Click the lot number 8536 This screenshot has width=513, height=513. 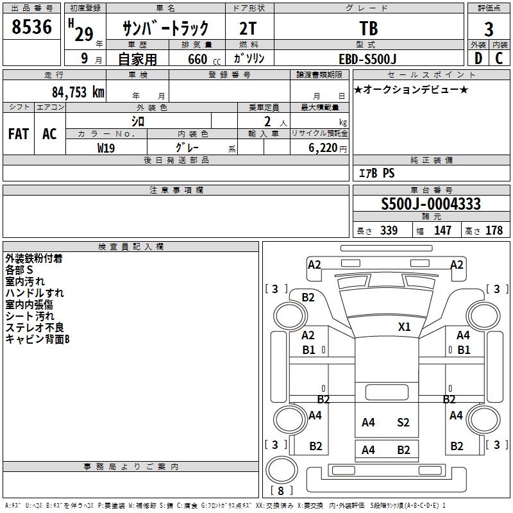32,27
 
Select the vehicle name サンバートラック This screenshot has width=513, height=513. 165,28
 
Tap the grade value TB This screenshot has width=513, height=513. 369,29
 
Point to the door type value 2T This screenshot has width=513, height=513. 249,29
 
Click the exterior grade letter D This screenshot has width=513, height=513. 478,58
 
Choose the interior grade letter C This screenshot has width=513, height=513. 499,58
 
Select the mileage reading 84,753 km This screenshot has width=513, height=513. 78,92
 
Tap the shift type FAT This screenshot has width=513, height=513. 19,134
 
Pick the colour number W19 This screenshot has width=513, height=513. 106,147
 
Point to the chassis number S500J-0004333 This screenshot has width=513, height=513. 431,205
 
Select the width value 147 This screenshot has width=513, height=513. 442,231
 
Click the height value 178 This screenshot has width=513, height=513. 494,231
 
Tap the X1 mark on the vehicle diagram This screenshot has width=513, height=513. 404,326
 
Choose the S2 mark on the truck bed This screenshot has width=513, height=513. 403,422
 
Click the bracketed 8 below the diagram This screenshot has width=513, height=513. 281,491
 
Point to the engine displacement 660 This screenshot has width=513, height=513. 197,59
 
